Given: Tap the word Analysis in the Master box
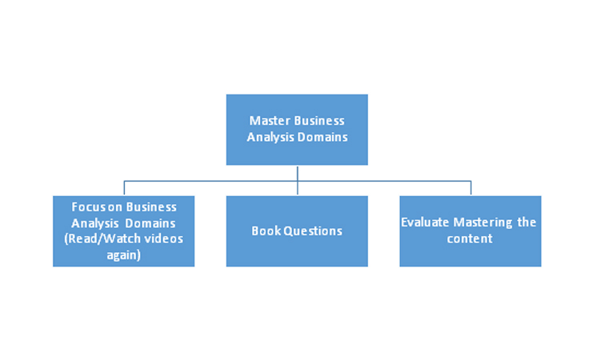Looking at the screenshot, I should [273, 137].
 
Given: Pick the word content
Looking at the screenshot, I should [470, 238].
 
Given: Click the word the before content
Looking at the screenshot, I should [526, 222].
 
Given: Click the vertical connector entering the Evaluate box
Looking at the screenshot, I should [470, 188].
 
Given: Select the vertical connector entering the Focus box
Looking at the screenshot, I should [123, 188].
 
